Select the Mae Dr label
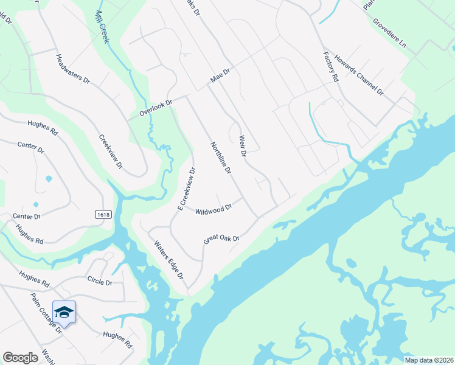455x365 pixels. (x=220, y=76)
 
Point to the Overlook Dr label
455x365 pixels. (x=156, y=108)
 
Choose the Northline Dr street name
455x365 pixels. (x=220, y=158)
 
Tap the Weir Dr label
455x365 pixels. (x=242, y=146)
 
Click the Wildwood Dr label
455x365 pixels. (x=214, y=209)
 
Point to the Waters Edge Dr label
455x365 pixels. (x=168, y=259)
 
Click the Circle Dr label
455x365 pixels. (x=100, y=283)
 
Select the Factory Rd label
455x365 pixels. (x=330, y=66)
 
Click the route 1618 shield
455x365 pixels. (x=102, y=214)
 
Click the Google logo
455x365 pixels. (x=21, y=358)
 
